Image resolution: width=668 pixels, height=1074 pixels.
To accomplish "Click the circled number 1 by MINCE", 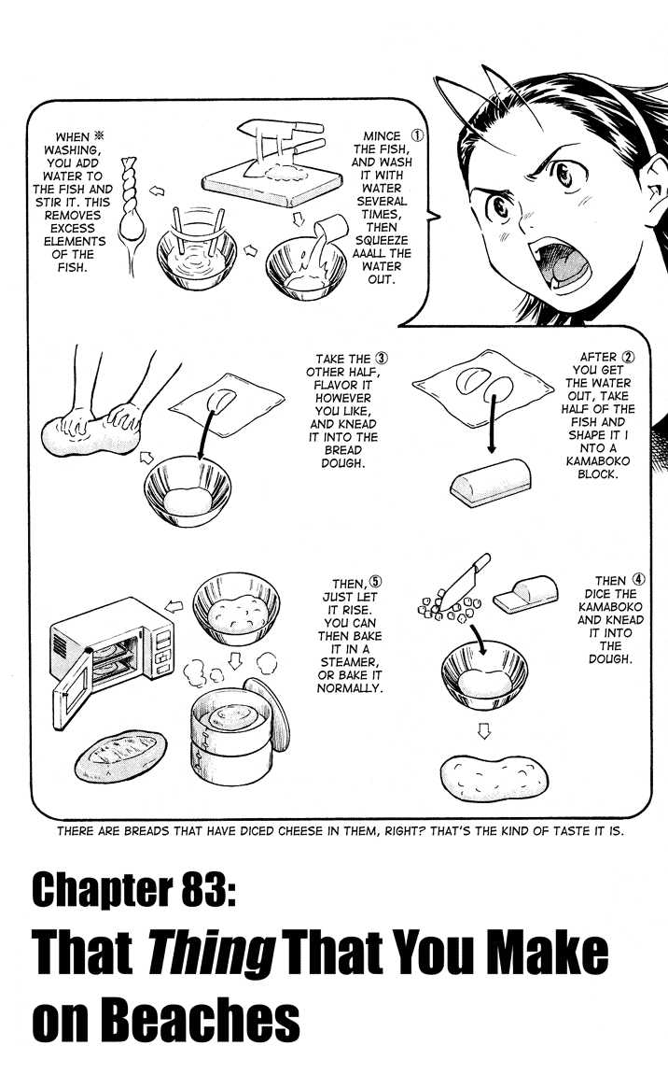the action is click(x=417, y=135).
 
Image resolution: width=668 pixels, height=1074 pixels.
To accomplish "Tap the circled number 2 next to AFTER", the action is click(x=628, y=357).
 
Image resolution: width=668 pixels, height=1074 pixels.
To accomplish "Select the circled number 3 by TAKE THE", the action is click(x=382, y=359).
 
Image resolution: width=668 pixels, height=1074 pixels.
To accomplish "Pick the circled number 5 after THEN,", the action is click(x=376, y=582).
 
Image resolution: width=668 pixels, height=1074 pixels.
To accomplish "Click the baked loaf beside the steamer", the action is click(x=120, y=756).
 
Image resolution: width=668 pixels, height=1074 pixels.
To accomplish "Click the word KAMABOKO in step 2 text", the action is click(x=597, y=461).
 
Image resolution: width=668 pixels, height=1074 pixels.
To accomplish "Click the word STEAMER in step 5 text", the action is click(x=349, y=661).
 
